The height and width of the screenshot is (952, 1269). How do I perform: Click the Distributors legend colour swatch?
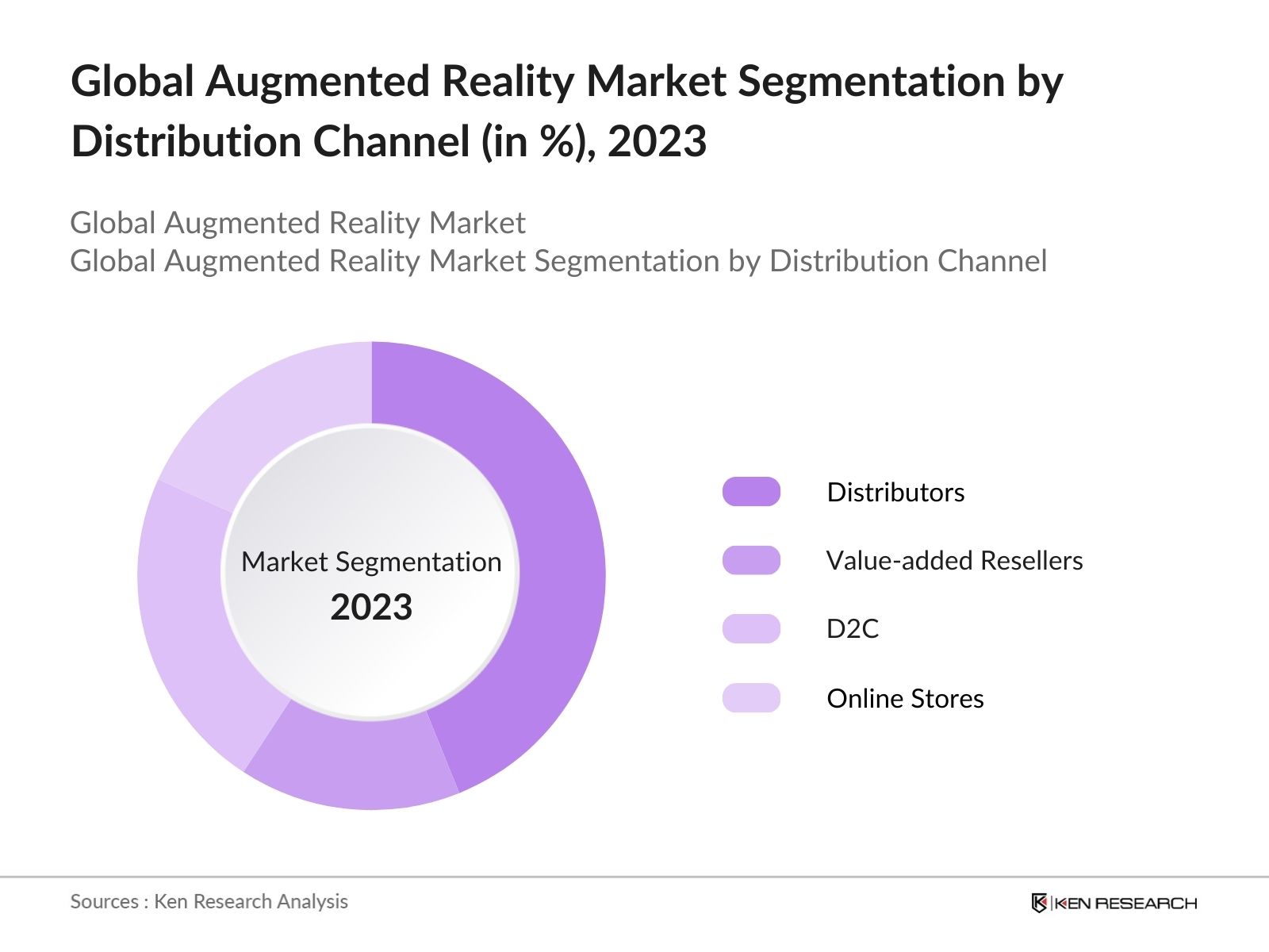pyautogui.click(x=751, y=492)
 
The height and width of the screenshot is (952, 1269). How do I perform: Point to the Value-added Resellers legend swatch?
pyautogui.click(x=751, y=560)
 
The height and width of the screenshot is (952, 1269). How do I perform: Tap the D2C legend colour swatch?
pyautogui.click(x=751, y=628)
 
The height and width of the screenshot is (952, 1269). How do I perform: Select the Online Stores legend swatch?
pyautogui.click(x=751, y=698)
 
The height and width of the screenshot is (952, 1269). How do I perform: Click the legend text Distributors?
pyautogui.click(x=895, y=492)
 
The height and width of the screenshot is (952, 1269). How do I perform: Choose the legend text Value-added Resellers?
pyautogui.click(x=954, y=560)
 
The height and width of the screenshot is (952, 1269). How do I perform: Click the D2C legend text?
pyautogui.click(x=853, y=628)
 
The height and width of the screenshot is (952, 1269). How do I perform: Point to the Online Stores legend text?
pyautogui.click(x=905, y=698)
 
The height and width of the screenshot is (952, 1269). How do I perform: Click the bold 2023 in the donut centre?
pyautogui.click(x=371, y=608)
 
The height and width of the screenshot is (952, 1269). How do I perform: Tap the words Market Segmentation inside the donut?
pyautogui.click(x=371, y=562)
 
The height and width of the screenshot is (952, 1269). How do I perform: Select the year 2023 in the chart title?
pyautogui.click(x=657, y=142)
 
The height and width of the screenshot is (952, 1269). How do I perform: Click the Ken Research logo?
pyautogui.click(x=1114, y=903)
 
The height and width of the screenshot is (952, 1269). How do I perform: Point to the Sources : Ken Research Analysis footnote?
pyautogui.click(x=209, y=901)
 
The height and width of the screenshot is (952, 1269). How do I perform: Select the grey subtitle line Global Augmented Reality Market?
pyautogui.click(x=297, y=223)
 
